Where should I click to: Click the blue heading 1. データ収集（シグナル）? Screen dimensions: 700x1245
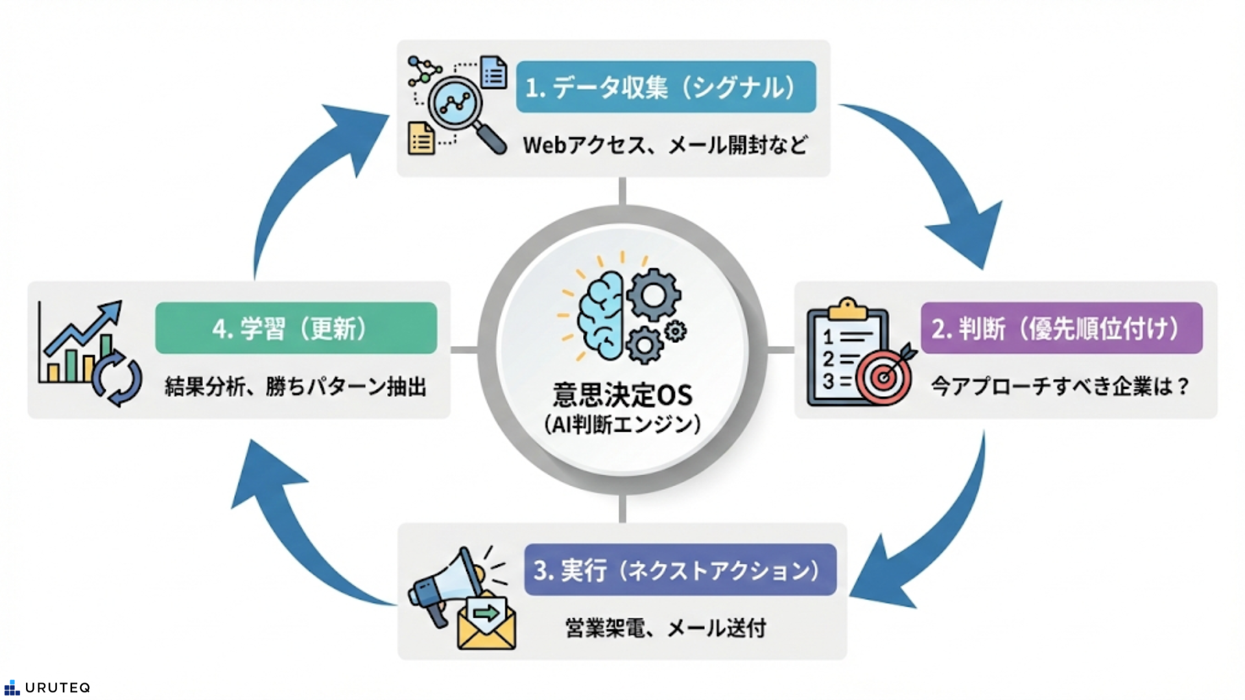click(x=666, y=87)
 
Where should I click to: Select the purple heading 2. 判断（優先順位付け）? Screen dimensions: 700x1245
click(x=1061, y=328)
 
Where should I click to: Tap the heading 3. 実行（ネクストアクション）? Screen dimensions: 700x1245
click(x=680, y=570)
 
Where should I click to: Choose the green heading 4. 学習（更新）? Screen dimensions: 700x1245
click(x=296, y=328)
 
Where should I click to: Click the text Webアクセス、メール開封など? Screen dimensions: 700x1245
click(x=665, y=145)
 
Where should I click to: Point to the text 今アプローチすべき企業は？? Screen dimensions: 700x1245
click(x=1061, y=386)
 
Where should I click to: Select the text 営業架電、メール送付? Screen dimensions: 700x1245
click(x=665, y=627)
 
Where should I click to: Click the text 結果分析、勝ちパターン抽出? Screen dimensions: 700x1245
click(x=296, y=387)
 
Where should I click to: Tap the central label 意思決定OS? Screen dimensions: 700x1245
click(x=622, y=394)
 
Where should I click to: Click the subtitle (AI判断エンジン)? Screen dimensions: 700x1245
click(x=622, y=425)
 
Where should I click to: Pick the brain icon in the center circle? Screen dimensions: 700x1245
click(x=601, y=315)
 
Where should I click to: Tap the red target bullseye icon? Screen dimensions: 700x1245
click(x=883, y=377)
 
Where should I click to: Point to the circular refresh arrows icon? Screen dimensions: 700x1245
click(x=117, y=379)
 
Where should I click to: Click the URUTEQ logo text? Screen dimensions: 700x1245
click(x=57, y=688)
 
